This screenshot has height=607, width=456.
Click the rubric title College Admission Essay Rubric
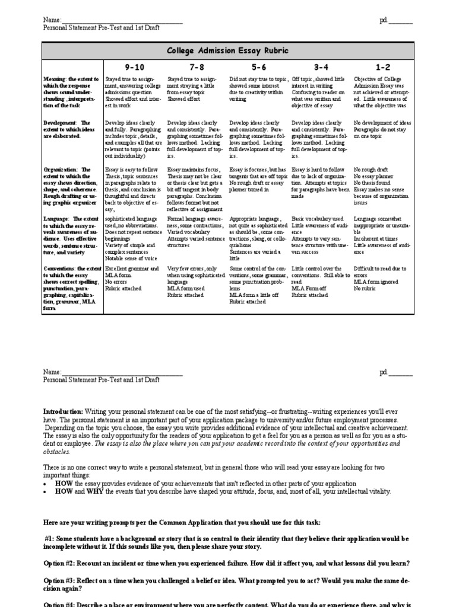tap(228, 51)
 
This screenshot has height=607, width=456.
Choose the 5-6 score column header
tap(258, 68)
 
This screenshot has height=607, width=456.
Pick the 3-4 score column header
tap(320, 68)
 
